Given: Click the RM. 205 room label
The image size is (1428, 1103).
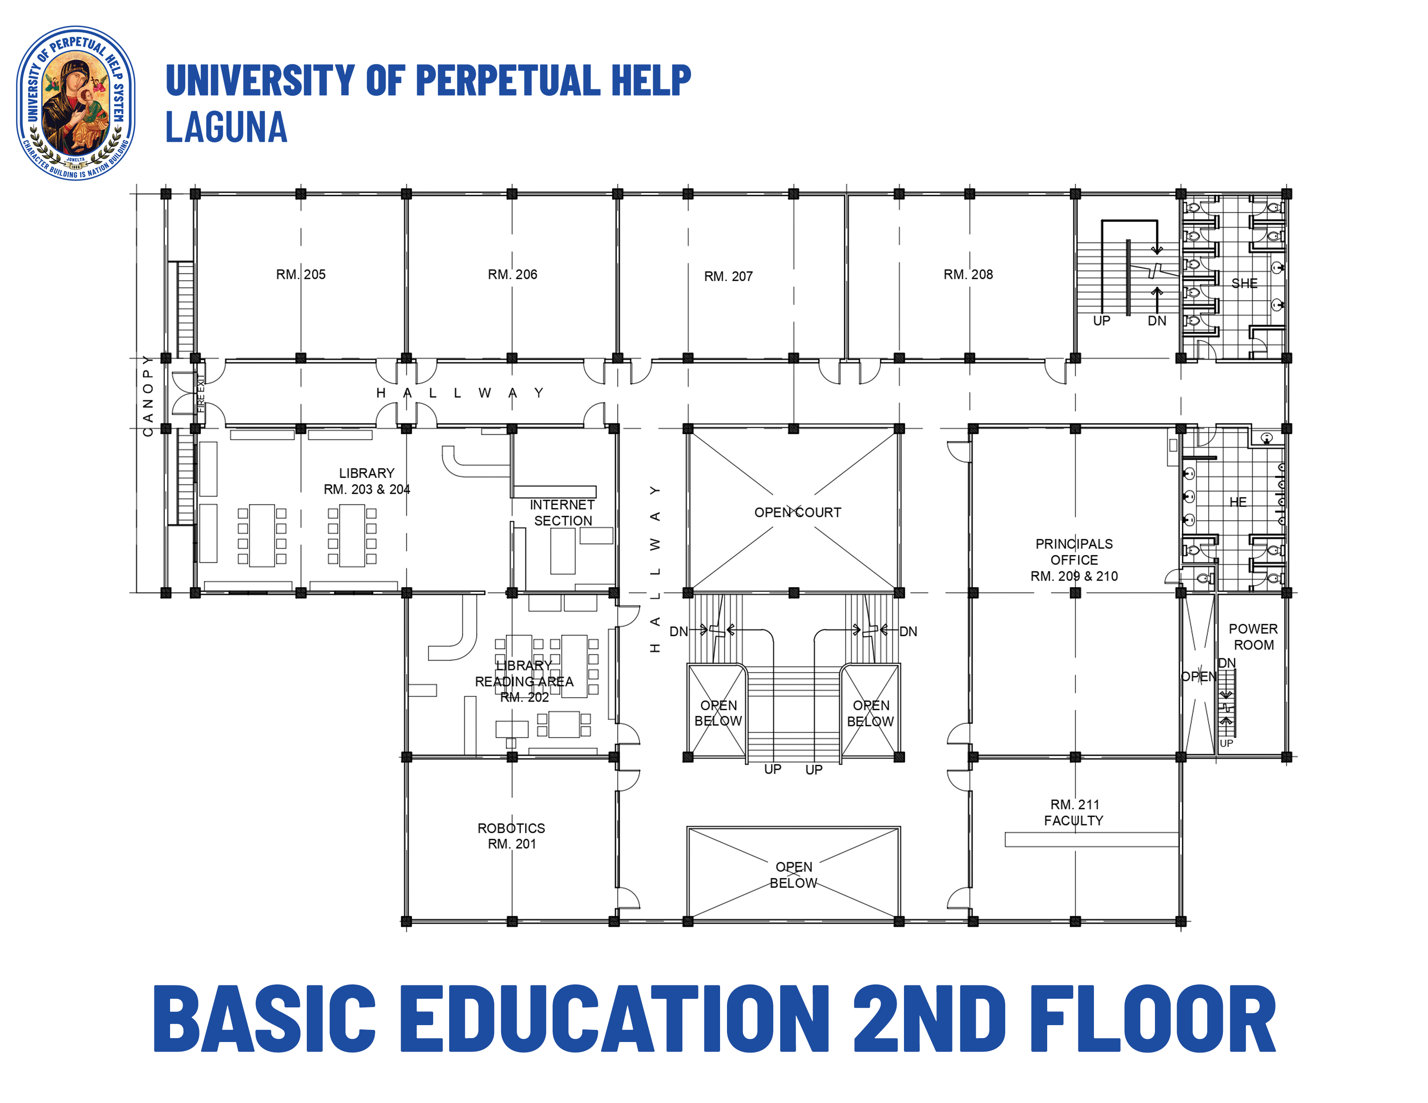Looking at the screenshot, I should point(300,274).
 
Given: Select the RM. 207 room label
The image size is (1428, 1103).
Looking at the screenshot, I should point(728,276).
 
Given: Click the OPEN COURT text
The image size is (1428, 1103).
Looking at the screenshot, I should point(797,512).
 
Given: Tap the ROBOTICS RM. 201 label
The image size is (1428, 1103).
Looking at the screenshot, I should point(511,836).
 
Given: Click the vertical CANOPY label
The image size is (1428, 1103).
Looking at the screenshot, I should point(148,396).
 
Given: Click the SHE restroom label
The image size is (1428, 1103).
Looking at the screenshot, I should point(1244,283).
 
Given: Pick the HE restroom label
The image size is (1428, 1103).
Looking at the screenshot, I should point(1237,502).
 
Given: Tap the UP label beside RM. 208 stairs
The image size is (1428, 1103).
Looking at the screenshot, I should point(1101,321).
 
